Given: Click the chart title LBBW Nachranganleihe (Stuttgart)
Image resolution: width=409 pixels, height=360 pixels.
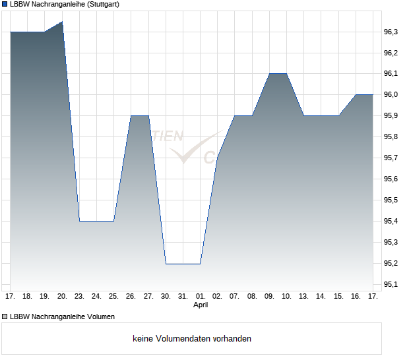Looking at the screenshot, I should click(x=65, y=4).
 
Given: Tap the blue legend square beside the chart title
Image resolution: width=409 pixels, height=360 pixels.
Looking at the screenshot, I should click(x=5, y=4).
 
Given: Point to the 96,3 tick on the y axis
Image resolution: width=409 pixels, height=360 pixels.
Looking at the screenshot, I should click(x=391, y=32).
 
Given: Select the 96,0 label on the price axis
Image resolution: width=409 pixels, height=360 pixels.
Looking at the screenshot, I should click(x=391, y=95).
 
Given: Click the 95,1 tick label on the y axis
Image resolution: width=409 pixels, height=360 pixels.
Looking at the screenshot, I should click(x=391, y=285).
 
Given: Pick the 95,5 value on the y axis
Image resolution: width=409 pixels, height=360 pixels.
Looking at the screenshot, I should click(x=391, y=200).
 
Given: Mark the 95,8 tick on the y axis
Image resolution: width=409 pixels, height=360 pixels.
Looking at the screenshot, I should click(x=391, y=137).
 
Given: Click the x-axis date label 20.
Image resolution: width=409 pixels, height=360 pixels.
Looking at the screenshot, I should click(x=62, y=297).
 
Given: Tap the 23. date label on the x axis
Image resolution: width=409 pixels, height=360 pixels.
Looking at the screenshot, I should click(x=79, y=297).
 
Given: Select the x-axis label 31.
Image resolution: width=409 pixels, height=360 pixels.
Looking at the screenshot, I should click(x=183, y=297).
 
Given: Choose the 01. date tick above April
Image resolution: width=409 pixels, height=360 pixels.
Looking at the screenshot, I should click(x=201, y=297).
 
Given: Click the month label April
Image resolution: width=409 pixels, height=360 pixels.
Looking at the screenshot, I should click(x=201, y=305).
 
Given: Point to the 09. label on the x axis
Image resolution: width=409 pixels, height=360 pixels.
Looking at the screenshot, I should click(x=269, y=297).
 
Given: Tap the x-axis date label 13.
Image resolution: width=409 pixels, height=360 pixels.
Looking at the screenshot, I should click(x=303, y=297).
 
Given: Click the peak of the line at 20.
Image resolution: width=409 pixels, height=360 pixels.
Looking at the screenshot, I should click(x=62, y=22).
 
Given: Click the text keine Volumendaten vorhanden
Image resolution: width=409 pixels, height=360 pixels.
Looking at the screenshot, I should click(x=192, y=339).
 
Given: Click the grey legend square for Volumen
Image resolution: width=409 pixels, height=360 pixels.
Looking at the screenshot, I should click(x=5, y=316).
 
